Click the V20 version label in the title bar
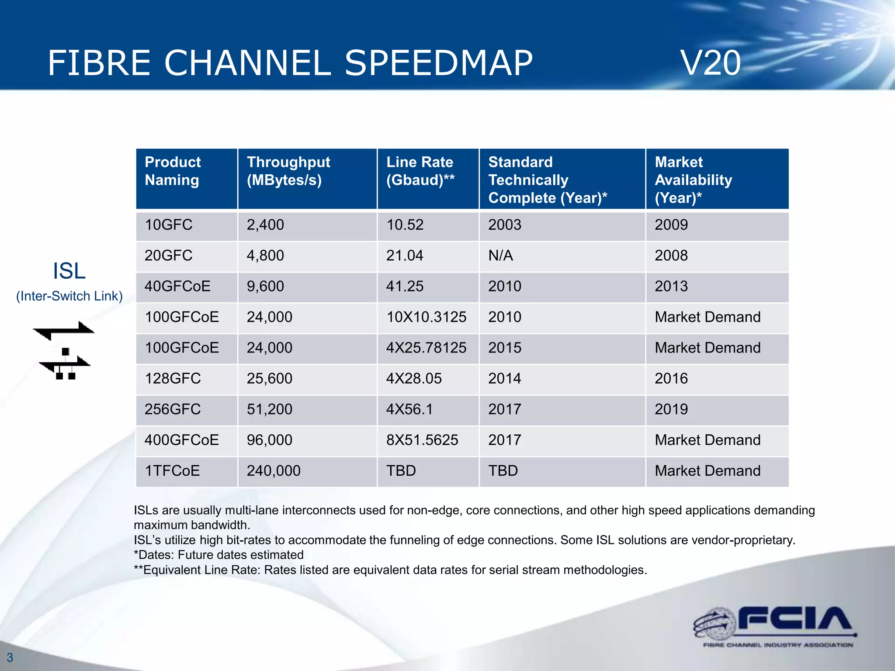click(x=711, y=63)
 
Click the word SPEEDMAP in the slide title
click(x=439, y=63)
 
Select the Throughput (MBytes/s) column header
click(x=288, y=171)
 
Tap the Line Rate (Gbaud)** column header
click(x=420, y=171)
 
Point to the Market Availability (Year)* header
click(x=693, y=180)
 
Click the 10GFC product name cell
click(x=169, y=225)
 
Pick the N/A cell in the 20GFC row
click(x=500, y=256)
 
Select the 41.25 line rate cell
click(x=405, y=286)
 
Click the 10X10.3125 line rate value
click(x=426, y=317)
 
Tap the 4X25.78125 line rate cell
click(x=426, y=348)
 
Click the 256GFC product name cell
click(x=173, y=409)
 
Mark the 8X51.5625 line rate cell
click(x=422, y=440)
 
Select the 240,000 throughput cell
click(x=274, y=471)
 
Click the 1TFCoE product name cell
click(x=172, y=471)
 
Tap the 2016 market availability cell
click(x=671, y=378)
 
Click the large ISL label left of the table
click(x=69, y=271)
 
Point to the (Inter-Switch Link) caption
click(x=69, y=296)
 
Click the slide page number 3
click(x=10, y=657)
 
